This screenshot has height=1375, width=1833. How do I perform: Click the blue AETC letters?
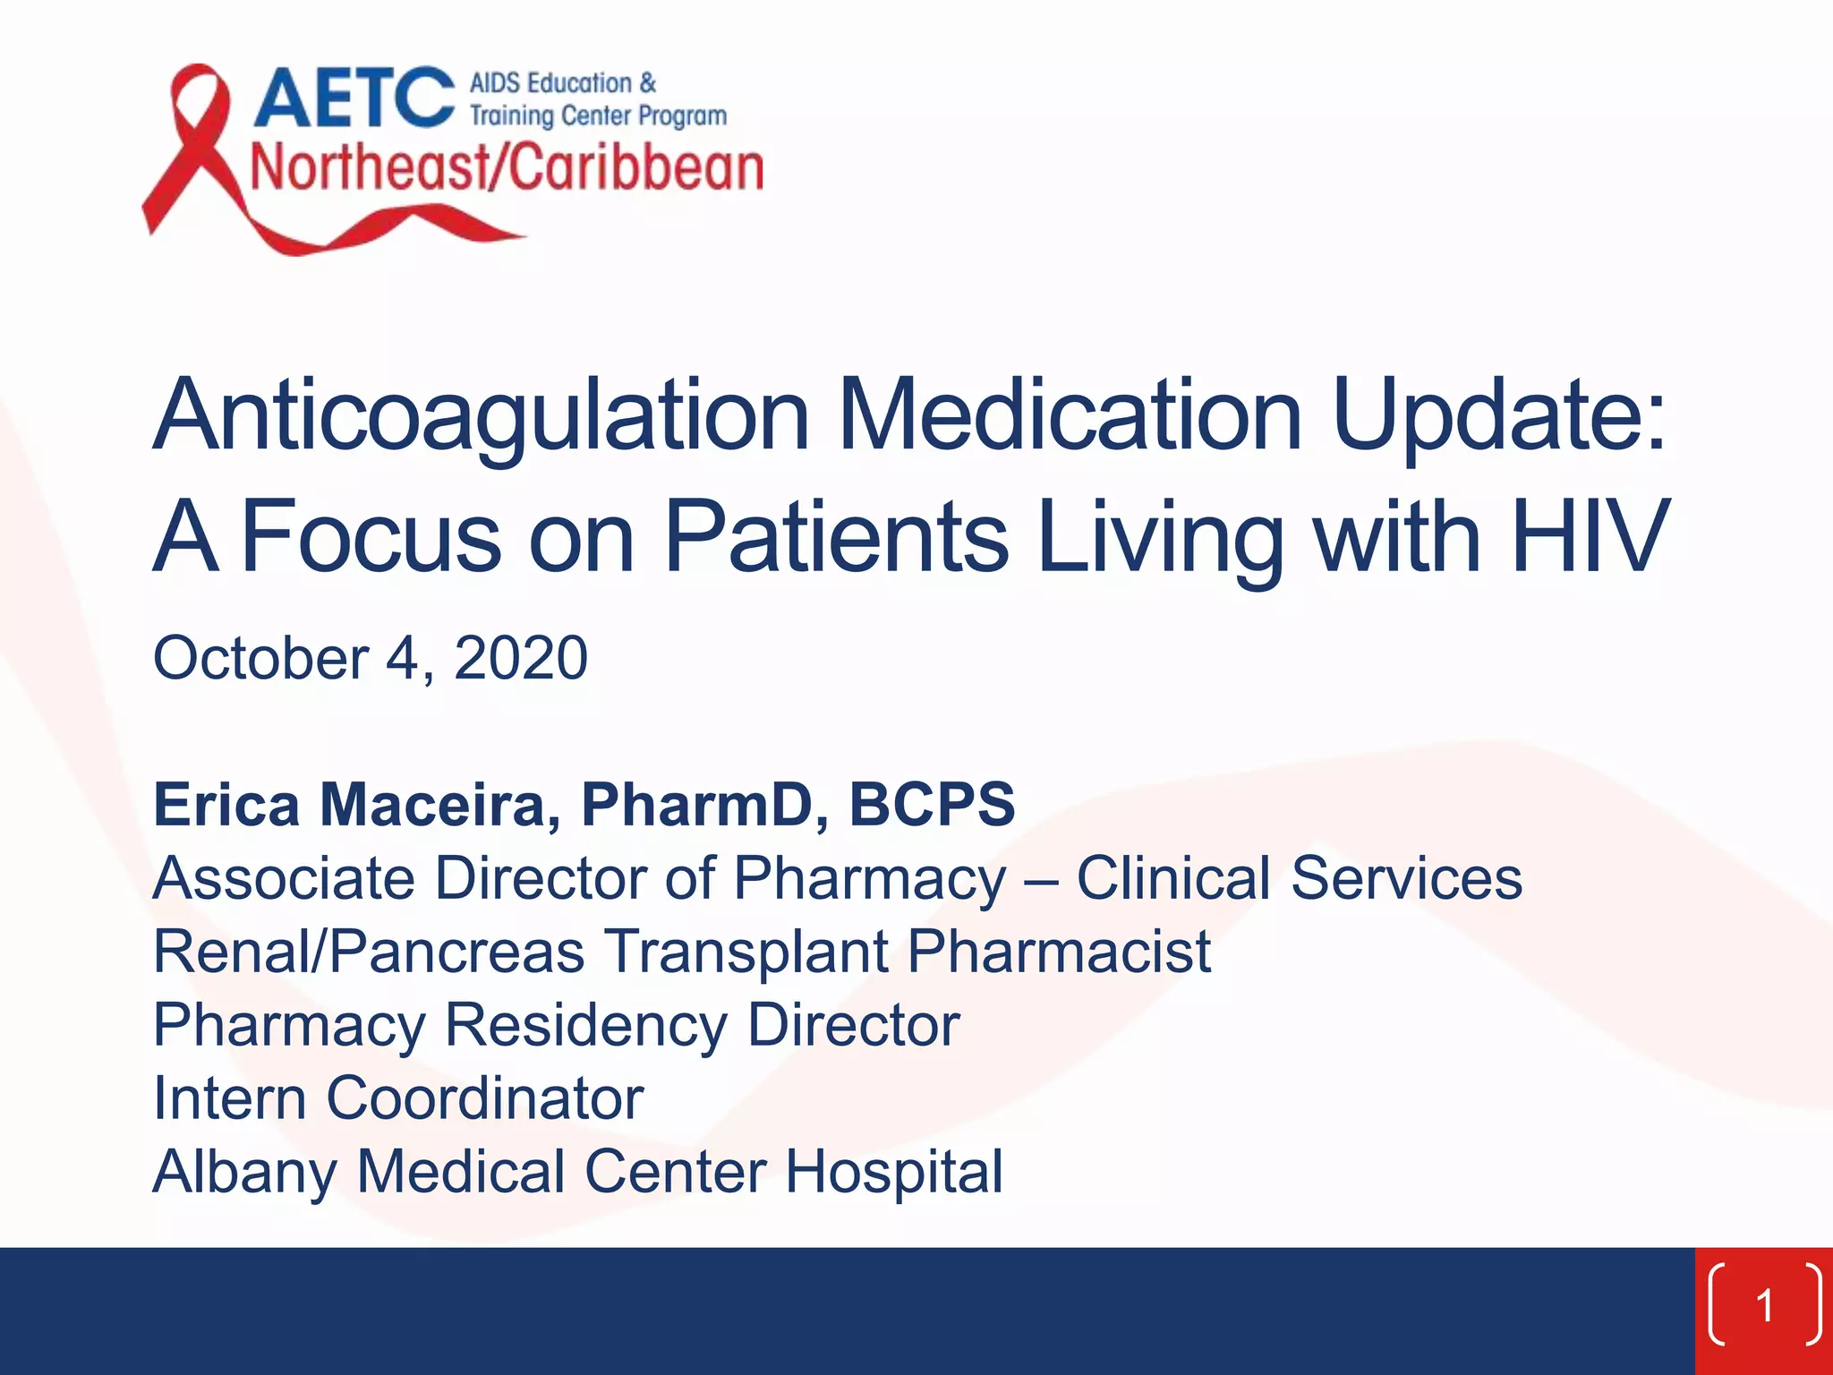pyautogui.click(x=354, y=98)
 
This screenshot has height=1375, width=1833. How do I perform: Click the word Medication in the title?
pyautogui.click(x=1070, y=416)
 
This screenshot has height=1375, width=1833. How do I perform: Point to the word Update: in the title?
pyautogui.click(x=1499, y=416)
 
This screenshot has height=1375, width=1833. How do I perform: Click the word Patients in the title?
pyautogui.click(x=837, y=536)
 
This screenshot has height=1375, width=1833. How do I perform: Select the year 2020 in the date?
pyautogui.click(x=520, y=658)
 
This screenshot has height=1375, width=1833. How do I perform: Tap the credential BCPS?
pyautogui.click(x=932, y=804)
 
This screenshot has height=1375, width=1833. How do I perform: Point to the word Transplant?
pyautogui.click(x=747, y=951)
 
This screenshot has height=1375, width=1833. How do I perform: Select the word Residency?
pyautogui.click(x=585, y=1024)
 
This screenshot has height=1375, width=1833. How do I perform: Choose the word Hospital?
pyautogui.click(x=894, y=1171)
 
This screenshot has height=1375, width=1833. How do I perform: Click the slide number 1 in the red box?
pyautogui.click(x=1764, y=1305)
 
